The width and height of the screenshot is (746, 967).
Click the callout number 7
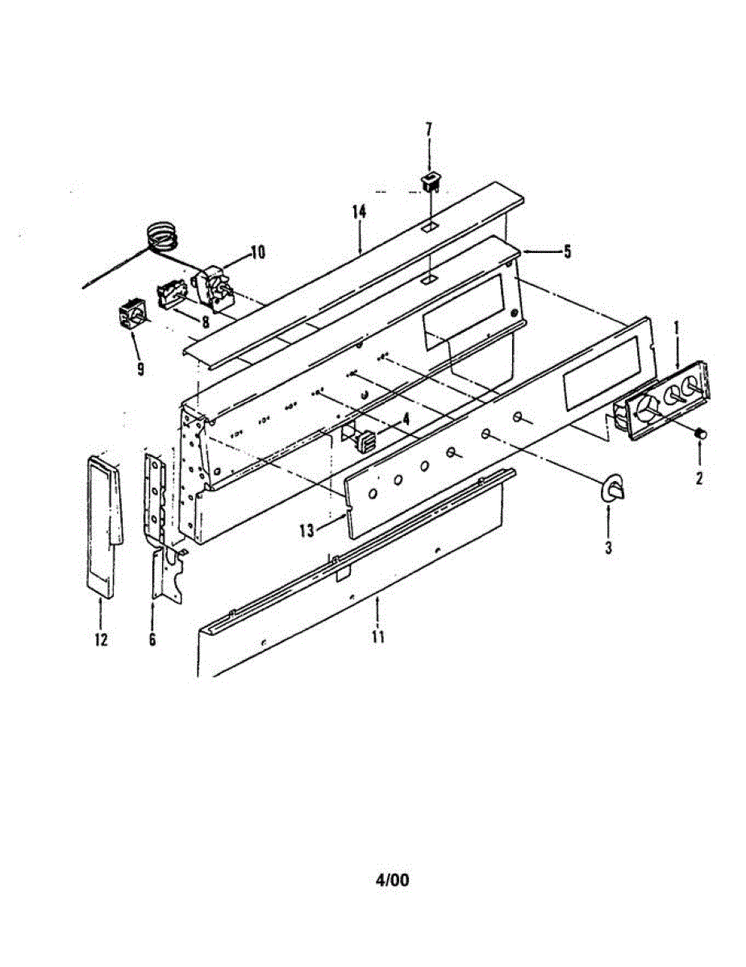click(428, 130)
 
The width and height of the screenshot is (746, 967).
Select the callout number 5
click(567, 252)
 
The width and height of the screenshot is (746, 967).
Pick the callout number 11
click(377, 637)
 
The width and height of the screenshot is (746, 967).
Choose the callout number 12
click(100, 640)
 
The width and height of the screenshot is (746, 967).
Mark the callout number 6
click(152, 640)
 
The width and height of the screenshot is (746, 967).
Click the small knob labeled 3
click(611, 488)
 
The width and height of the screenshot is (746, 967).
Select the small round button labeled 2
click(701, 435)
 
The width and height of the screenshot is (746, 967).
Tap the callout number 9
click(141, 370)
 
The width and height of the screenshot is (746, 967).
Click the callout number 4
click(406, 418)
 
